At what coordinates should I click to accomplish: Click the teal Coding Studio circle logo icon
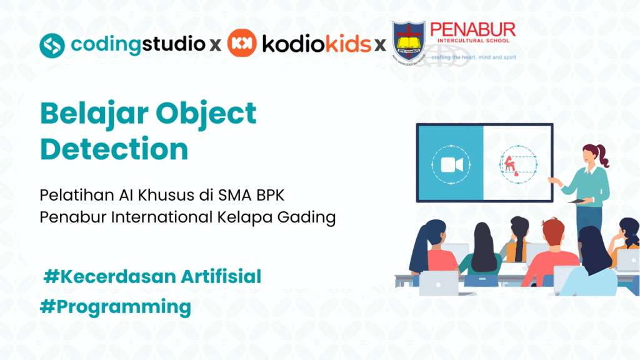tap(52, 44)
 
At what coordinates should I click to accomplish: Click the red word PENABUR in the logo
tap(472, 30)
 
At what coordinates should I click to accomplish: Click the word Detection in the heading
tap(114, 149)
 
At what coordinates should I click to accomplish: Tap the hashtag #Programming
tap(115, 307)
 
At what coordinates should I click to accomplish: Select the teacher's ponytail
tap(603, 156)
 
